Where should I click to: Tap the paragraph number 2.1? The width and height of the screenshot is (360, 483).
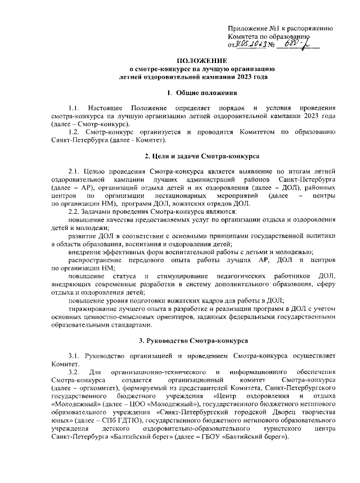click(x=74, y=170)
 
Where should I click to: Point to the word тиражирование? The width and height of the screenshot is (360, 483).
click(x=94, y=309)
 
